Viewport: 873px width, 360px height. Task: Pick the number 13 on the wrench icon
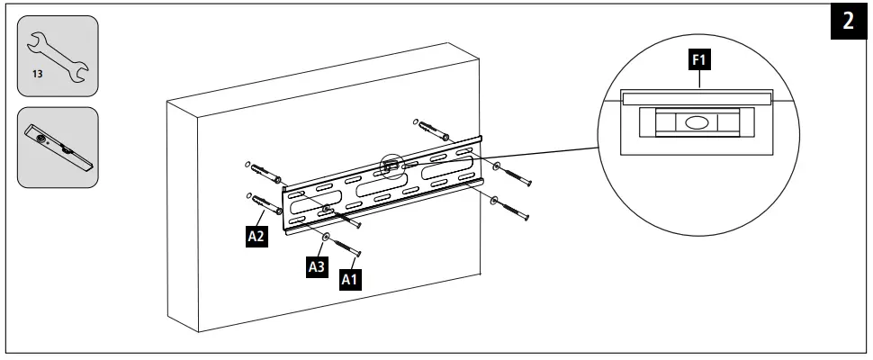[38, 73]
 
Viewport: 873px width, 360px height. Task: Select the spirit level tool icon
[58, 148]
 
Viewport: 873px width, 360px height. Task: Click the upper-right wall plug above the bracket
[433, 128]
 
